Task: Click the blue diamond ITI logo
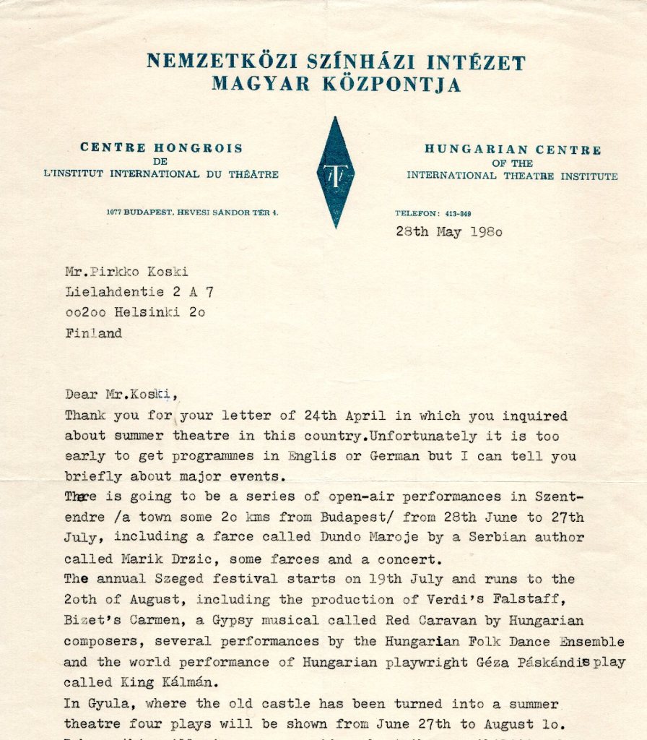335,172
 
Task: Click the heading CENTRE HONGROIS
161,147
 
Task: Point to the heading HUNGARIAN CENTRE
512,150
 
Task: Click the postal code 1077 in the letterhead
113,212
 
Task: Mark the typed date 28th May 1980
448,232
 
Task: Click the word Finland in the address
93,333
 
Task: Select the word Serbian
474,538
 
